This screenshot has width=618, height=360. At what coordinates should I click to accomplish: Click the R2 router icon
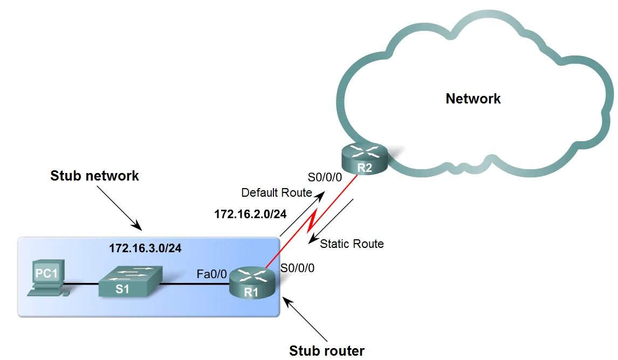click(x=365, y=158)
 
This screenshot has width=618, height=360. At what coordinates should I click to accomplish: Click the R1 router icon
click(x=252, y=282)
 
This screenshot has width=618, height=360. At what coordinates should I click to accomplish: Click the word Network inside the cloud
click(x=473, y=99)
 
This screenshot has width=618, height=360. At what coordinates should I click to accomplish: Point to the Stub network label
click(x=94, y=176)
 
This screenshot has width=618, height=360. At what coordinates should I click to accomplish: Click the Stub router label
click(x=327, y=351)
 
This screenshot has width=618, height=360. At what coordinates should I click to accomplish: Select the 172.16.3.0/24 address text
click(x=145, y=248)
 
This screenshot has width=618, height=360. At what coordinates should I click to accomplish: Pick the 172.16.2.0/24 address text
click(x=250, y=214)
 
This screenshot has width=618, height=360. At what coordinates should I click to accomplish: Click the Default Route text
click(x=276, y=192)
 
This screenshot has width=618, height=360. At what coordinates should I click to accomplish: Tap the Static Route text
click(x=352, y=244)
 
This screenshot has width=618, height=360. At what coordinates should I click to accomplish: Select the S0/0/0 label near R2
click(x=325, y=177)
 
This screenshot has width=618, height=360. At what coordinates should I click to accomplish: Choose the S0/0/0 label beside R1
click(x=298, y=267)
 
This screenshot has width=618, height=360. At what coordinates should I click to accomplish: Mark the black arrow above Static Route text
click(x=330, y=221)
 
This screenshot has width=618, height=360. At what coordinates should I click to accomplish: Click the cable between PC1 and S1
click(x=81, y=284)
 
